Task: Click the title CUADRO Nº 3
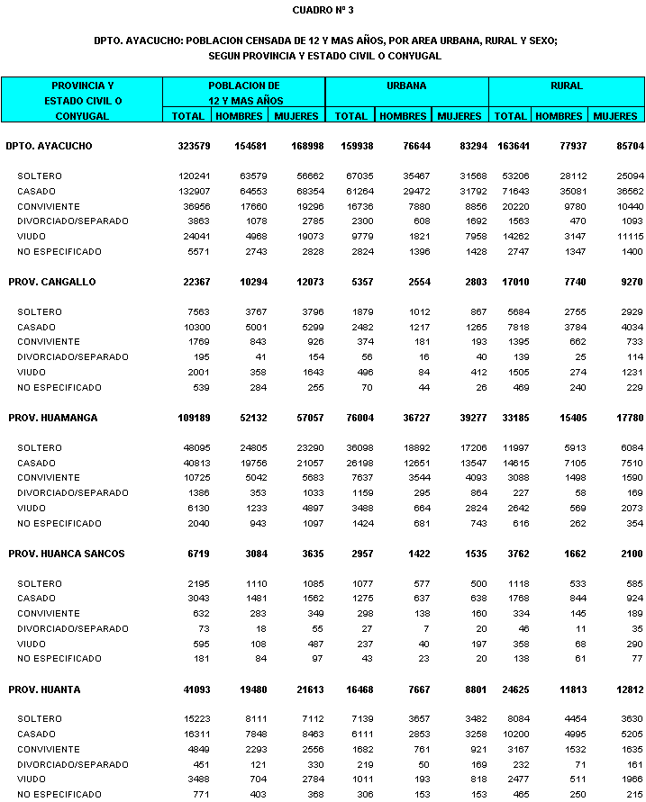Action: point(323,10)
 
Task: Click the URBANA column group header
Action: point(406,86)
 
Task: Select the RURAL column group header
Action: point(567,86)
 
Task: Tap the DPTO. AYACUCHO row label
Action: point(49,146)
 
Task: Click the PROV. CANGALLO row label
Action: point(52,282)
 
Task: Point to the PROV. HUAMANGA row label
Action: point(53,418)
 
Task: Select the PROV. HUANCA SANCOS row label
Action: point(67,554)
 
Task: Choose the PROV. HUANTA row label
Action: point(45,689)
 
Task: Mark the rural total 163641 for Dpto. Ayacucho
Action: point(514,146)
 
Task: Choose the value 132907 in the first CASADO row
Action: point(194,191)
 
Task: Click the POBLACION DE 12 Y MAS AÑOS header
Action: point(244,93)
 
